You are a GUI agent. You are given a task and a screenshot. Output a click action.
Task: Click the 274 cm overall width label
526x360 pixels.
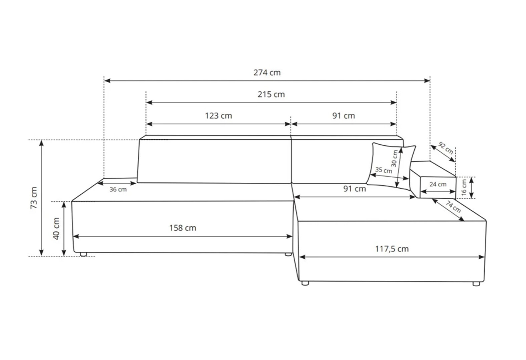click(x=267, y=73)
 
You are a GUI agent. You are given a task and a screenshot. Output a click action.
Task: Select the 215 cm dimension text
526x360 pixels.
click(x=271, y=94)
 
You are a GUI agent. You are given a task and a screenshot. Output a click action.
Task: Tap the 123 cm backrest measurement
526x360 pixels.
click(x=218, y=116)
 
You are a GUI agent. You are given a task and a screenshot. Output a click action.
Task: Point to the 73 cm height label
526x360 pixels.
click(x=34, y=198)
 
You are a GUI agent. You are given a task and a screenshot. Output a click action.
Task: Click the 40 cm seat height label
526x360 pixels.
click(x=56, y=229)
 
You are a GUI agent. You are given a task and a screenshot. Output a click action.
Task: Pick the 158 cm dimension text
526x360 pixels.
click(x=183, y=228)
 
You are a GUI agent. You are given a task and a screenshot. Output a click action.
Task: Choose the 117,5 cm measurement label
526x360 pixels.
click(x=392, y=249)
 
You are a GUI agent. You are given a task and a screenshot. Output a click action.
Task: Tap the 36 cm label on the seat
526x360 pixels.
click(x=118, y=189)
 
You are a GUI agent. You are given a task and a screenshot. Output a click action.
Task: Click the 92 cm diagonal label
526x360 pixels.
click(x=446, y=148)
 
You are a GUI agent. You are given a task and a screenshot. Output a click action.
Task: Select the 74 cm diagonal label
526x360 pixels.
click(x=453, y=206)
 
